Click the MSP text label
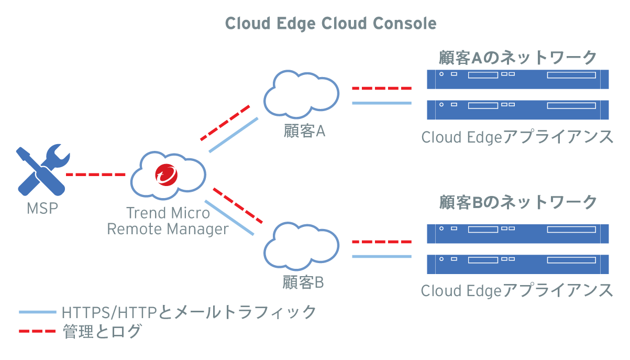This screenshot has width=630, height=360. tap(42, 209)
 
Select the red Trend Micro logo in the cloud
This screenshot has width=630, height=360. tap(167, 174)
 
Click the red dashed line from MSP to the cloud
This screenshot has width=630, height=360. tap(96, 174)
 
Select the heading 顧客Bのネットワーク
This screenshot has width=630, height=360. tap(518, 202)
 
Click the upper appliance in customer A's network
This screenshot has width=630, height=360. tap(518, 79)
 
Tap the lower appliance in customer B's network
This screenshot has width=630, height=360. tap(518, 264)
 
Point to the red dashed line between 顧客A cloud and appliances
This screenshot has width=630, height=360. tap(381, 88)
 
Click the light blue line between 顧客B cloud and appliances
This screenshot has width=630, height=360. tap(381, 256)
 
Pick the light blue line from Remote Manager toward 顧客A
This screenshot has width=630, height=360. tap(234, 135)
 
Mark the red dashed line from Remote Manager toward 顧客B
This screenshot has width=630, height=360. tap(237, 205)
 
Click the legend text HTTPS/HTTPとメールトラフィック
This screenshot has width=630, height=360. tap(189, 312)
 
